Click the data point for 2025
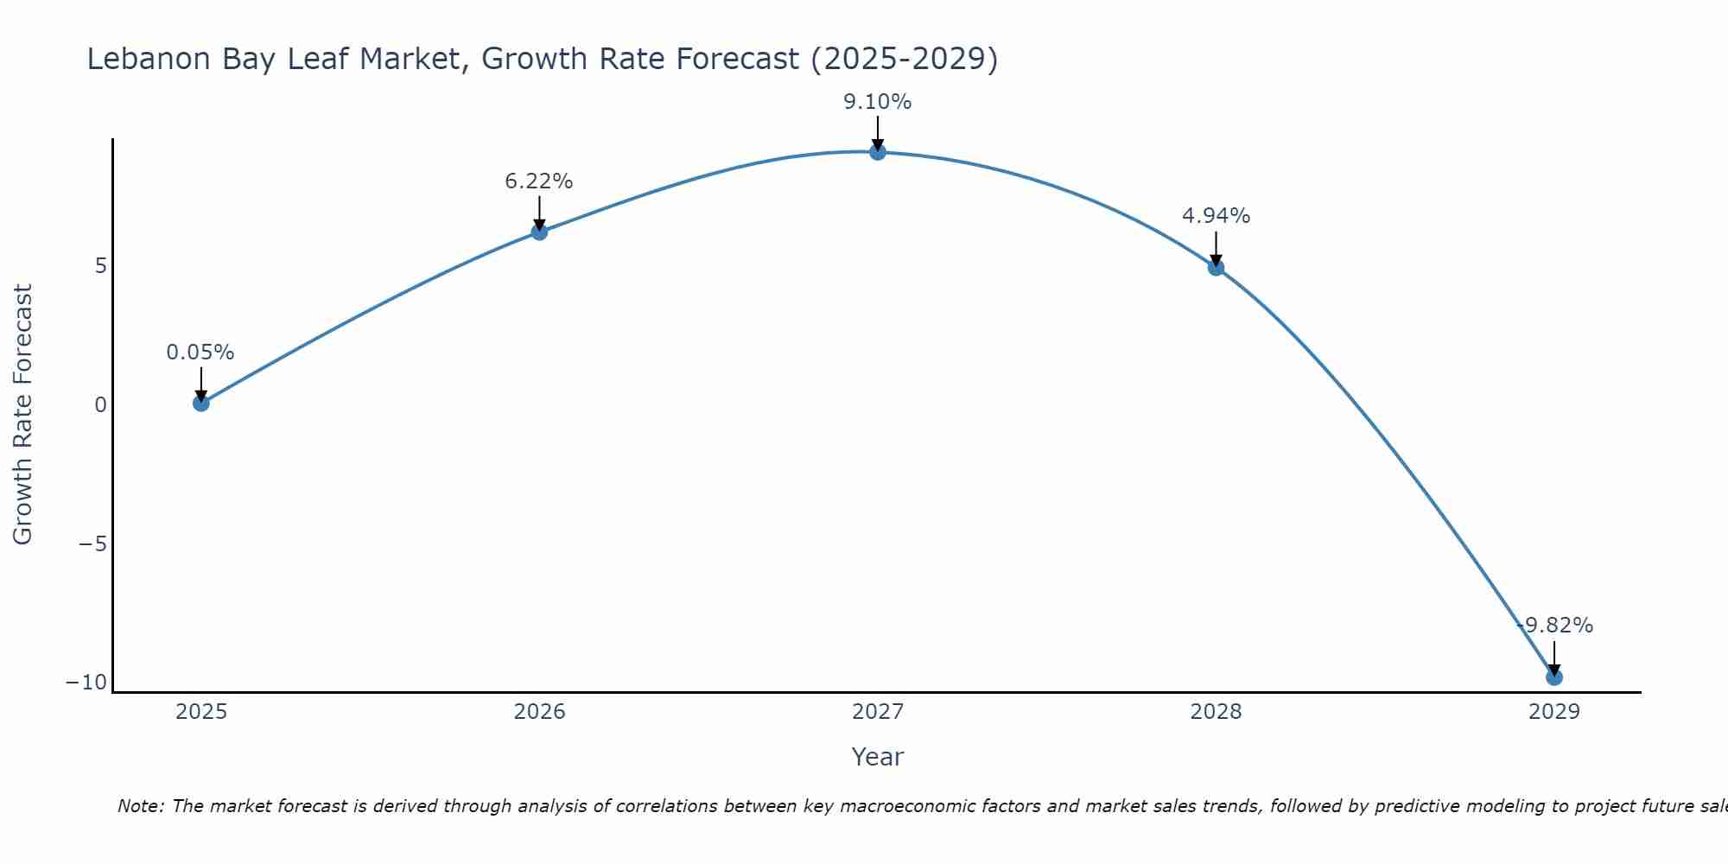click(x=201, y=403)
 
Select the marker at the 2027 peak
click(x=878, y=152)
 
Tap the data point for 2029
click(x=1554, y=677)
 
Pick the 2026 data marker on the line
click(x=539, y=232)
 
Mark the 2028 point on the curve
click(x=1216, y=268)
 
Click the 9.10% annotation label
click(x=878, y=102)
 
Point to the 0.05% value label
click(x=200, y=353)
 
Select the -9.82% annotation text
click(x=1555, y=626)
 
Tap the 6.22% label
click(x=539, y=181)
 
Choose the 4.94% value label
click(x=1216, y=216)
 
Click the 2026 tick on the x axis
click(x=539, y=712)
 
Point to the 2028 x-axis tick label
click(x=1216, y=712)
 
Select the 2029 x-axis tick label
click(x=1554, y=712)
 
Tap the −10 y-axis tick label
click(x=86, y=683)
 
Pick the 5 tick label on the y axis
click(x=101, y=266)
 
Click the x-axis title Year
click(x=878, y=757)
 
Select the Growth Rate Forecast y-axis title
click(x=22, y=415)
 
